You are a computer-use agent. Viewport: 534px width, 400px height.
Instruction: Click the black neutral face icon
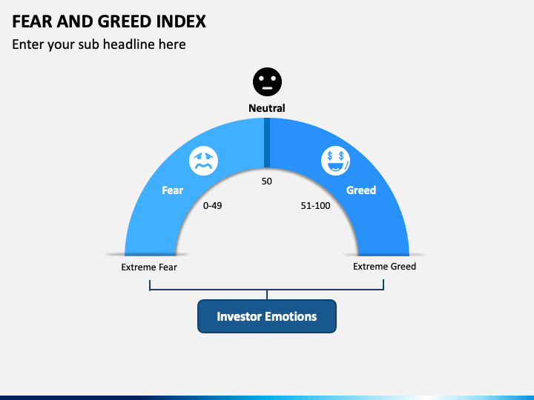(x=267, y=81)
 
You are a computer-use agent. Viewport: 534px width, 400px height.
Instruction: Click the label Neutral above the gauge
(x=267, y=108)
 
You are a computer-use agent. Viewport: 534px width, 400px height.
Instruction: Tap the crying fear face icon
(x=203, y=161)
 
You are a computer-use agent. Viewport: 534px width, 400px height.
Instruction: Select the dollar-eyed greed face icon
(x=335, y=161)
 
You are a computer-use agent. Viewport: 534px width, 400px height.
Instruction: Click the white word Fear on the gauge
(x=172, y=190)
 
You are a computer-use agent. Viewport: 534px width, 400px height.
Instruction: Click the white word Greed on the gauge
(x=361, y=190)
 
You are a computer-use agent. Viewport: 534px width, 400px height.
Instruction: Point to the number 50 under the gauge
(x=267, y=181)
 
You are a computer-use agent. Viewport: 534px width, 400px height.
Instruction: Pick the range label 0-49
(x=213, y=206)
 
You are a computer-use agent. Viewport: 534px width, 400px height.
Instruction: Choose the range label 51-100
(x=315, y=206)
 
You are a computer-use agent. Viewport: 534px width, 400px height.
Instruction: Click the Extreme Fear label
(x=149, y=267)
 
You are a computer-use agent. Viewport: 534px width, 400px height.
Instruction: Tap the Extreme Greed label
(x=384, y=267)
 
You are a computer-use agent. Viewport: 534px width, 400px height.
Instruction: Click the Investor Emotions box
(x=267, y=316)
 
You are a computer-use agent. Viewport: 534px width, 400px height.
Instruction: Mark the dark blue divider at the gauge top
(x=267, y=142)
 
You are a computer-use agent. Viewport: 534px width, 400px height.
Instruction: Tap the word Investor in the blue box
(x=238, y=316)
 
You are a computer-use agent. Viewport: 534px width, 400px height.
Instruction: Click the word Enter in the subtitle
(x=28, y=44)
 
